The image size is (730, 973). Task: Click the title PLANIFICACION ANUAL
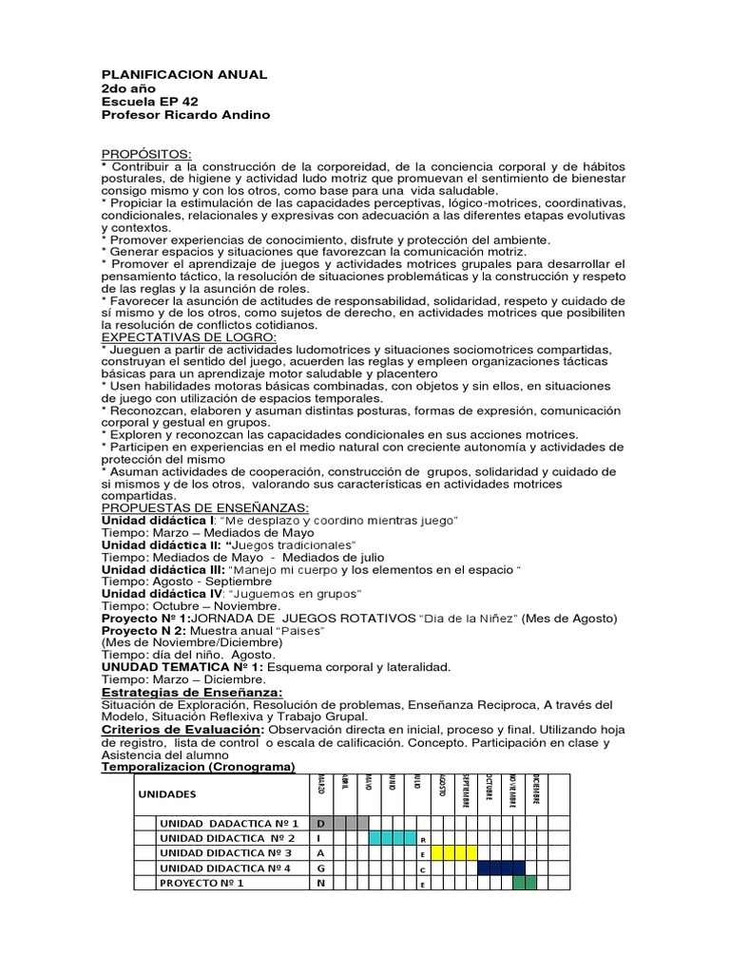184,74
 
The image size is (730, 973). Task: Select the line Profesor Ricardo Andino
185,115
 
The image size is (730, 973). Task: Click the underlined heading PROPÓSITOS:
145,154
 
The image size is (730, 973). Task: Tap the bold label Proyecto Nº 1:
145,618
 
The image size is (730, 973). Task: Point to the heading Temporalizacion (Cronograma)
199,767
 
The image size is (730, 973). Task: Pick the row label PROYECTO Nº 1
202,883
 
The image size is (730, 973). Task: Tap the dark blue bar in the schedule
501,868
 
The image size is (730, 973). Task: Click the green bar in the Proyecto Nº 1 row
525,883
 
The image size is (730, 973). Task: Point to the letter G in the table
320,868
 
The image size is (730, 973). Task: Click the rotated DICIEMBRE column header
536,788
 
